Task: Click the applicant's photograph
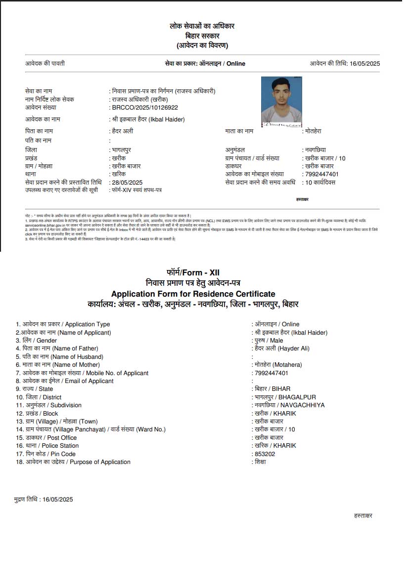tap(281, 101)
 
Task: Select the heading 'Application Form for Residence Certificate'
tap(193, 294)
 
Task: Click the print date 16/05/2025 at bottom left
tap(57, 500)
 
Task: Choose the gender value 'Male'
tap(276, 341)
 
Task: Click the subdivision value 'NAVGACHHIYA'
tap(303, 405)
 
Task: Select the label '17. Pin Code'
tap(45, 454)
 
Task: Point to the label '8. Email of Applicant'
tap(64, 381)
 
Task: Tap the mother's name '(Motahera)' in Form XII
tap(291, 365)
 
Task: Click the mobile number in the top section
tap(322, 174)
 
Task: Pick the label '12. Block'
tap(37, 413)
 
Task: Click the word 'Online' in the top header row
tap(236, 64)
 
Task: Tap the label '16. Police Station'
tap(47, 446)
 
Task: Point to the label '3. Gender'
tap(36, 341)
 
